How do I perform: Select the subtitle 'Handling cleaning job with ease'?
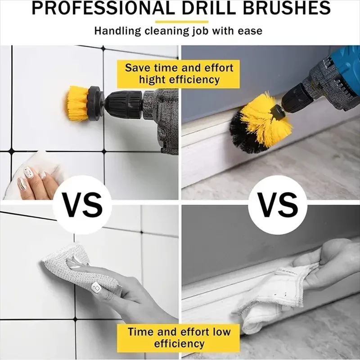pos(178,31)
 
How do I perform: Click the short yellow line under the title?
pos(181,21)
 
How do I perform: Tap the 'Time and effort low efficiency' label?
pos(179,337)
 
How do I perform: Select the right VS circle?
pos(279,204)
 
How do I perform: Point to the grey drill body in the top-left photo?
pos(164,117)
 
